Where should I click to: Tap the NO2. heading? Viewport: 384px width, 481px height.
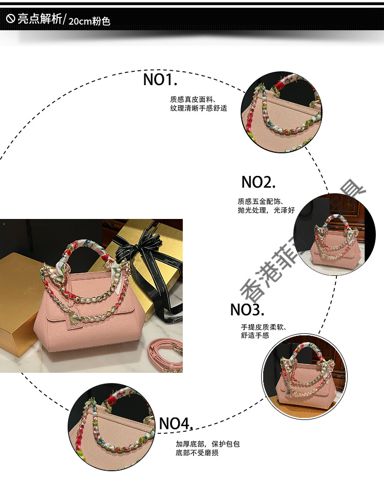(x=259, y=182)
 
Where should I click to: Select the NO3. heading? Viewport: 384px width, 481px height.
(x=247, y=310)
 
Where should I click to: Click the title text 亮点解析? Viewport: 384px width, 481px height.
(x=39, y=20)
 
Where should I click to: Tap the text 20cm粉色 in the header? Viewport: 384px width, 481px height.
(x=89, y=22)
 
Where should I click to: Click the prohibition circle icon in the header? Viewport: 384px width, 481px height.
(x=10, y=20)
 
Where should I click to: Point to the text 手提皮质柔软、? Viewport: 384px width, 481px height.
(x=264, y=327)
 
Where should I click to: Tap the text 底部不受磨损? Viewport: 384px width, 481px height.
(x=197, y=453)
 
